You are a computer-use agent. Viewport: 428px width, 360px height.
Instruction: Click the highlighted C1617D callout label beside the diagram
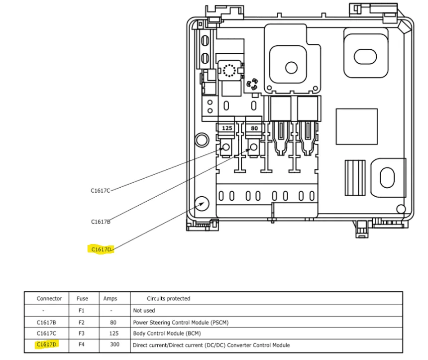[101, 249]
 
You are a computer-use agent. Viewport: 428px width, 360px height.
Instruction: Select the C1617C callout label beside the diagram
[101, 191]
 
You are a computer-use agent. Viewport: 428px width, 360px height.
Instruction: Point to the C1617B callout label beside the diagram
[101, 222]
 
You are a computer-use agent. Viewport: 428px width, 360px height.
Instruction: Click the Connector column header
[49, 299]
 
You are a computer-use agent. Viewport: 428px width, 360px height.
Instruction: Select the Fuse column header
[83, 299]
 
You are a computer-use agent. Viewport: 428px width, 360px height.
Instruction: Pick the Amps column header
[110, 299]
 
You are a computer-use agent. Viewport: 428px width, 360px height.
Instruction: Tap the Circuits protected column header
[168, 299]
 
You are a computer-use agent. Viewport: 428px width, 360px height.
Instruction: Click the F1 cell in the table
[81, 311]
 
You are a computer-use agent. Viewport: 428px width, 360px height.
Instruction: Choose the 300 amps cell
[114, 345]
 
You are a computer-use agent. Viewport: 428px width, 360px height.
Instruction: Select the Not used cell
[144, 311]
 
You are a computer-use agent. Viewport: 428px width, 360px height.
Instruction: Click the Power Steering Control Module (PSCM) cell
[181, 323]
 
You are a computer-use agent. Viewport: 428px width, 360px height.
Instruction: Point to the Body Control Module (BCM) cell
[167, 334]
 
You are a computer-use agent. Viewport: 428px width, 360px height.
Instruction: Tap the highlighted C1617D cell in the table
[46, 345]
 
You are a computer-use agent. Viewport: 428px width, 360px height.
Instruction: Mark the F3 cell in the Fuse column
[81, 334]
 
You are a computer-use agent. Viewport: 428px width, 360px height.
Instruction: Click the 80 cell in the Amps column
[113, 323]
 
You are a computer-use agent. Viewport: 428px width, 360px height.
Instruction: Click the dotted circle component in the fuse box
[229, 71]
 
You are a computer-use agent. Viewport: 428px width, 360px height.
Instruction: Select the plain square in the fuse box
[356, 126]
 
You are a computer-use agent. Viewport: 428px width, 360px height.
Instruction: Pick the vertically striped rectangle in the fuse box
[355, 178]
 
